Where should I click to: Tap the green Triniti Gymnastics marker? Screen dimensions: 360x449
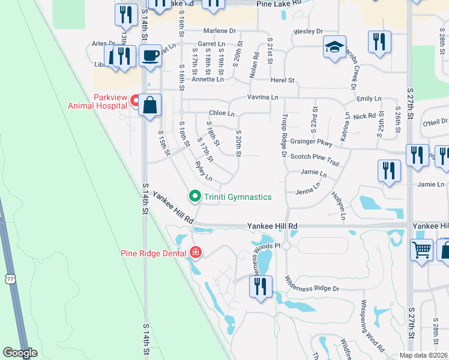pyautogui.click(x=195, y=196)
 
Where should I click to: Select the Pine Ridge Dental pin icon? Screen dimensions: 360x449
pyautogui.click(x=195, y=253)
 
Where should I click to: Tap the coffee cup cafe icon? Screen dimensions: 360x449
pyautogui.click(x=150, y=56)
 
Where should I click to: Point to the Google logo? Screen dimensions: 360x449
pyautogui.click(x=20, y=353)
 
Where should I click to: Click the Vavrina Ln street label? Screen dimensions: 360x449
pyautogui.click(x=263, y=97)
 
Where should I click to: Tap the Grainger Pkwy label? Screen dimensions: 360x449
pyautogui.click(x=311, y=142)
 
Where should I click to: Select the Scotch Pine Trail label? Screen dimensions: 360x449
pyautogui.click(x=315, y=160)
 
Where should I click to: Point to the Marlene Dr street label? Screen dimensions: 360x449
pyautogui.click(x=219, y=31)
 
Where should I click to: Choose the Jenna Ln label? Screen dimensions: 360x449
pyautogui.click(x=308, y=193)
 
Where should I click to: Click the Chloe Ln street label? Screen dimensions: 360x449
pyautogui.click(x=221, y=113)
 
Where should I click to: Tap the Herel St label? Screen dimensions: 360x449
pyautogui.click(x=283, y=80)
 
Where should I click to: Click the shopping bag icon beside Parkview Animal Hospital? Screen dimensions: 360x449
pyautogui.click(x=150, y=106)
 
